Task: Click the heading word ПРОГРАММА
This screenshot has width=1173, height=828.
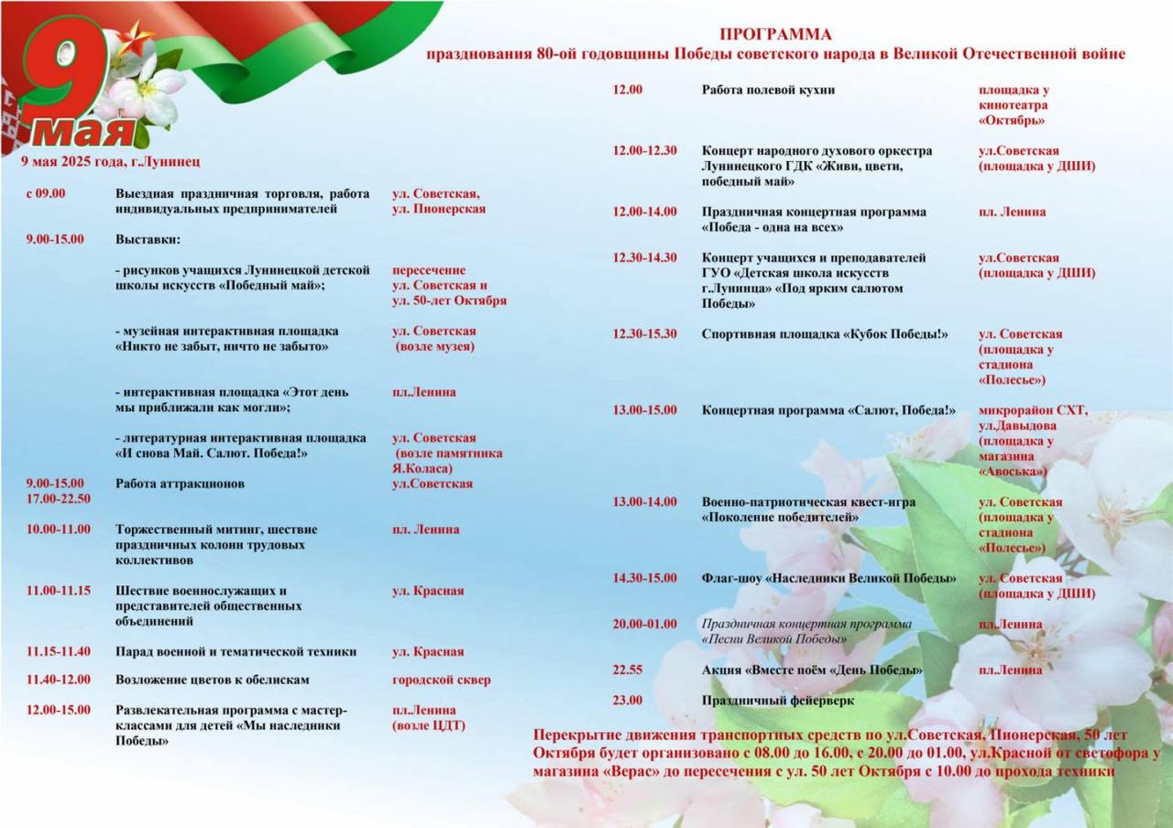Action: [x=775, y=35]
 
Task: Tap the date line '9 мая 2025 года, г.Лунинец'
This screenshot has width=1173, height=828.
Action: [x=111, y=161]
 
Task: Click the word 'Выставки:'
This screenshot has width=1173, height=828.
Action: [x=148, y=240]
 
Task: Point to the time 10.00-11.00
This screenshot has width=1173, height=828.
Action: [x=59, y=529]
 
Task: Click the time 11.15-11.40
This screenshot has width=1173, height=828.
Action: [x=59, y=652]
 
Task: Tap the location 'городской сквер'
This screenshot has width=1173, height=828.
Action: [x=441, y=681]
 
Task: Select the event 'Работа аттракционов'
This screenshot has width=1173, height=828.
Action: [x=180, y=484]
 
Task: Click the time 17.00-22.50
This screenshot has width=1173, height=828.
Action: [x=59, y=499]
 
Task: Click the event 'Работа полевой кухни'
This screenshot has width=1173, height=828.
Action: [x=768, y=91]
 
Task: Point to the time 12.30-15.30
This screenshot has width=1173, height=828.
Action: [x=645, y=334]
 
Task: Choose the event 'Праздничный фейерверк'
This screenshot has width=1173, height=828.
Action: [x=777, y=701]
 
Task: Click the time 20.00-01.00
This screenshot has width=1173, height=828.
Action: [x=645, y=625]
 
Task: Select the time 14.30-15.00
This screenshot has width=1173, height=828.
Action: [x=645, y=579]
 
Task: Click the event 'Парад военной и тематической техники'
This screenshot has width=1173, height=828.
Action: [x=236, y=652]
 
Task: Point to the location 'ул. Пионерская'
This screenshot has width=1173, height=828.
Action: [x=439, y=210]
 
